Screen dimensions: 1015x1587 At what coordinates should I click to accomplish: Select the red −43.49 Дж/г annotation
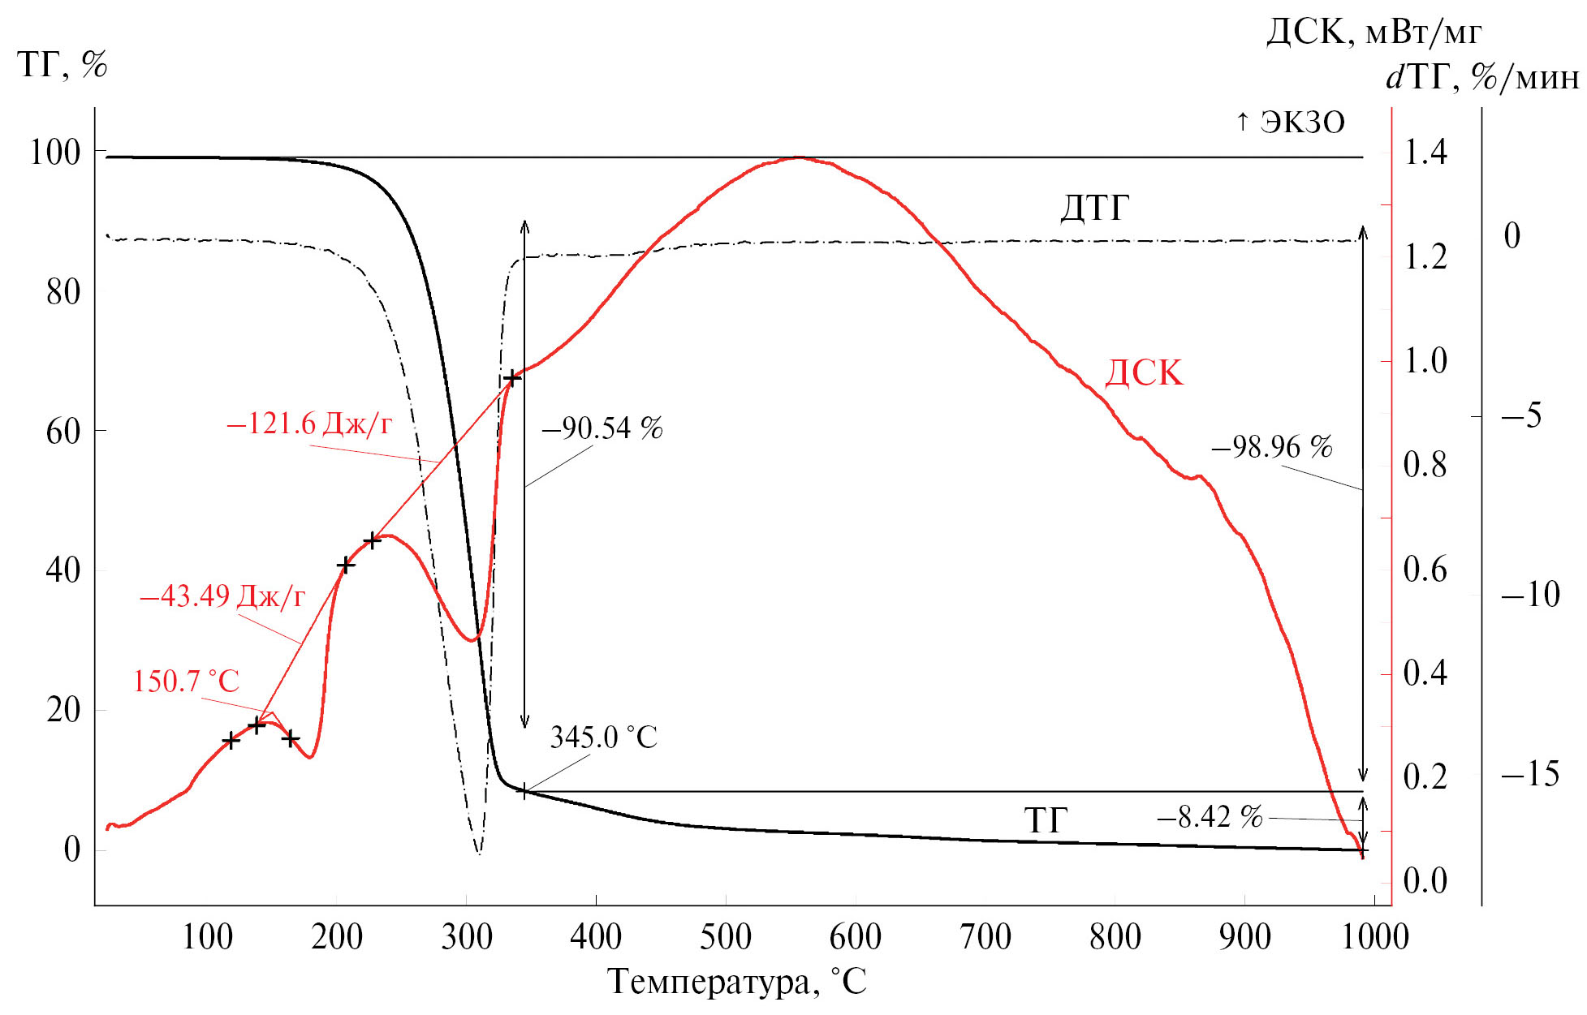coord(222,597)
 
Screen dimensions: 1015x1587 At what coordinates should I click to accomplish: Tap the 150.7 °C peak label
coord(186,682)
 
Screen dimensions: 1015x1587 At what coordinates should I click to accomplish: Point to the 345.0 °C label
coord(603,738)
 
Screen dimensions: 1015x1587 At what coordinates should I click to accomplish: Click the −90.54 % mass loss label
coord(602,428)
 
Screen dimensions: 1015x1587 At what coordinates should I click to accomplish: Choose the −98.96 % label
coord(1272,447)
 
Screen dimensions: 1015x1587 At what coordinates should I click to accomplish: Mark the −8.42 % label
coord(1210,817)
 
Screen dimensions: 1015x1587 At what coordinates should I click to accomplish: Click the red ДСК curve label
coord(1144,373)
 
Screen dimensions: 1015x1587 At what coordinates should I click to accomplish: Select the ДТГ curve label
coord(1094,209)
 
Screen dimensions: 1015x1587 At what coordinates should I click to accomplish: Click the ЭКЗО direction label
coord(1291,123)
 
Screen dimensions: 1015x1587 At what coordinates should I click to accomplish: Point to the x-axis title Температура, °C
coord(737,982)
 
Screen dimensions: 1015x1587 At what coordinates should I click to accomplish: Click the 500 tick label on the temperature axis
coord(726,937)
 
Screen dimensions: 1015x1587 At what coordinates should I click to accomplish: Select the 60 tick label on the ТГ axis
coord(63,431)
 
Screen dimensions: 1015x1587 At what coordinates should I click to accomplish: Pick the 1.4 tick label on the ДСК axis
coord(1425,153)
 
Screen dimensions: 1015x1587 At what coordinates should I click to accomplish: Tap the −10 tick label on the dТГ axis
coord(1530,595)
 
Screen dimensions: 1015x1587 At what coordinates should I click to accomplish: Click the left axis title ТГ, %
coord(63,65)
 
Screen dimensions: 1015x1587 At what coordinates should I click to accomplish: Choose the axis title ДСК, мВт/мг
coord(1374,32)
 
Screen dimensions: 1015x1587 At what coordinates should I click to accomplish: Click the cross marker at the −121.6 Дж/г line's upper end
coord(511,378)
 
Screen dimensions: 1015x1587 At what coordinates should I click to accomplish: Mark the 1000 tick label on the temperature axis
coord(1374,937)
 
